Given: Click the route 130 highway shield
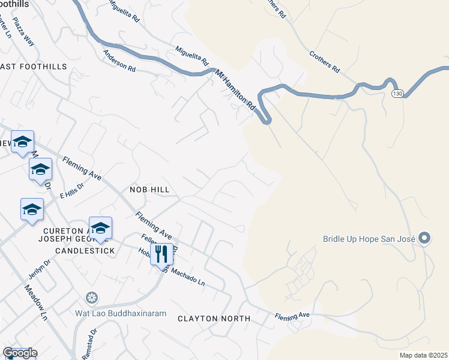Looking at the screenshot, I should pyautogui.click(x=397, y=94).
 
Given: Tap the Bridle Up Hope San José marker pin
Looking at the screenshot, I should pyautogui.click(x=424, y=238).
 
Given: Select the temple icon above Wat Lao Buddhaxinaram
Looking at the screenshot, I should pyautogui.click(x=92, y=298).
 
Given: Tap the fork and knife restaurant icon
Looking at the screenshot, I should pyautogui.click(x=161, y=253).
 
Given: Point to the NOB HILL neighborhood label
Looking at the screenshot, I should pyautogui.click(x=149, y=190).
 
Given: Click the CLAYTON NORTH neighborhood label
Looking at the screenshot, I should pyautogui.click(x=214, y=319).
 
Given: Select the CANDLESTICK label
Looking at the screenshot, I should pyautogui.click(x=85, y=250).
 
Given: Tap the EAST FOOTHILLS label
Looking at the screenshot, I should pyautogui.click(x=34, y=67).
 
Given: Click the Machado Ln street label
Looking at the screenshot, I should pyautogui.click(x=188, y=277).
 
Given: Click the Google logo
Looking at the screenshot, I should pyautogui.click(x=20, y=353).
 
